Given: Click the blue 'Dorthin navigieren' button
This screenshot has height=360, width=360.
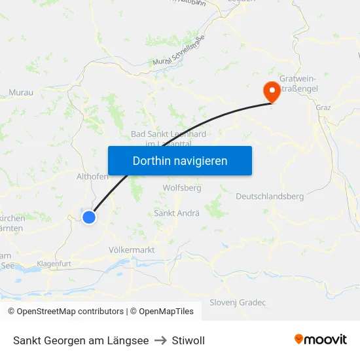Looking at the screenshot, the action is (180, 160).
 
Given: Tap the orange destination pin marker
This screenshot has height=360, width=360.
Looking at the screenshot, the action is (271, 92).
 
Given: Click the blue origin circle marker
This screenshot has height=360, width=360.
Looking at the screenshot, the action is (89, 217).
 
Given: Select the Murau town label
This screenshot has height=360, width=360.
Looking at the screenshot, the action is (21, 93).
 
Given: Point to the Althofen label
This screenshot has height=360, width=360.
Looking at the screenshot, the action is (92, 176).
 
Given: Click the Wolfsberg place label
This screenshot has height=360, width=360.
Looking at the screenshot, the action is (181, 188).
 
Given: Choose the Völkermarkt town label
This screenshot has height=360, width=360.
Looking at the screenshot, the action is (131, 249).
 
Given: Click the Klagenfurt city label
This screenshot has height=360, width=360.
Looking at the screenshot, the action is (58, 263).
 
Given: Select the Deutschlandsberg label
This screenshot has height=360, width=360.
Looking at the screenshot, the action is (270, 196).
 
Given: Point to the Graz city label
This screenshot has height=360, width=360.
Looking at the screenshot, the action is (323, 107).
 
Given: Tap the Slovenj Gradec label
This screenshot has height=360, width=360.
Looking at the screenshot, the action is (238, 302).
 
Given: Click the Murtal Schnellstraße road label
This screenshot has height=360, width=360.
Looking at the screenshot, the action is (179, 52).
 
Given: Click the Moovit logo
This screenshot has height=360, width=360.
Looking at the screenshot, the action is (320, 339).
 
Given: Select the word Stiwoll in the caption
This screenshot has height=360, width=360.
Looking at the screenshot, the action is (189, 340).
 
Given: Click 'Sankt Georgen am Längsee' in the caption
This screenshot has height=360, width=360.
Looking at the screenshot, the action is (81, 340).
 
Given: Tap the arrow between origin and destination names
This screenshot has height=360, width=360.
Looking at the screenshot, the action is (160, 340).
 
